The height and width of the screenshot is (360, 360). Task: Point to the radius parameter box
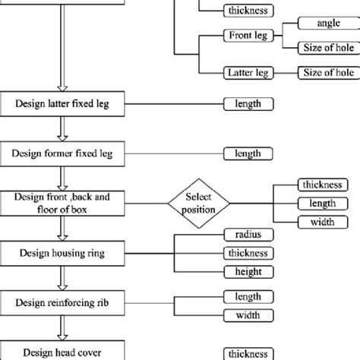pyautogui.click(x=248, y=235)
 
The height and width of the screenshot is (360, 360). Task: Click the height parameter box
pyautogui.click(x=248, y=271)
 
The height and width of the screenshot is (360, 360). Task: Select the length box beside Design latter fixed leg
pyautogui.click(x=248, y=103)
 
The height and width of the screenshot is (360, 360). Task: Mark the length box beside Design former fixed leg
pyautogui.click(x=248, y=153)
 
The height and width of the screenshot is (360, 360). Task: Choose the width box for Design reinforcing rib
pyautogui.click(x=248, y=314)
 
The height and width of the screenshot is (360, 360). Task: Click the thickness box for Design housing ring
pyautogui.click(x=248, y=253)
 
